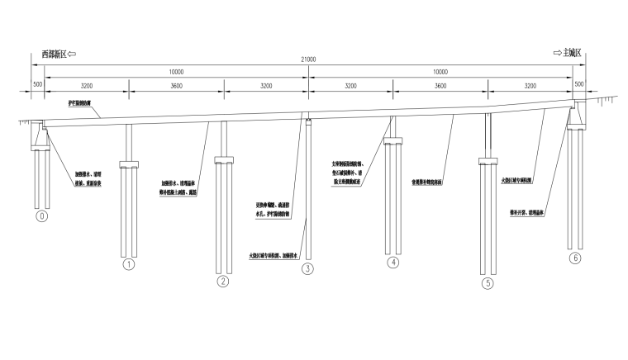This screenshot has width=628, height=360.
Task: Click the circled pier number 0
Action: tap(43, 217)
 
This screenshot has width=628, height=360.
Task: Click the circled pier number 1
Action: tap(128, 265)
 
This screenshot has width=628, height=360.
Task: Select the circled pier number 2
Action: tap(222, 282)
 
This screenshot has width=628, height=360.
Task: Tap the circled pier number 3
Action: tap(307, 268)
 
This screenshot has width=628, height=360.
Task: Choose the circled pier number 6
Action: tap(575, 258)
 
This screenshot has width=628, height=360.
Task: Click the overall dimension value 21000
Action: tap(307, 59)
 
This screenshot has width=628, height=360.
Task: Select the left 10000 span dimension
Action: tap(176, 73)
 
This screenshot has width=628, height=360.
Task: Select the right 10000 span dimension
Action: tap(440, 73)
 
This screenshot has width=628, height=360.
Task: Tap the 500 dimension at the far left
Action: tap(38, 85)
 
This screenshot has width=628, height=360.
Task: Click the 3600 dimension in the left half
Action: tap(176, 85)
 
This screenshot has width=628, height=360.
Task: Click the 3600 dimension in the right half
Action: tap(440, 85)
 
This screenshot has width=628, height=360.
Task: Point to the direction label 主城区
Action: tap(573, 54)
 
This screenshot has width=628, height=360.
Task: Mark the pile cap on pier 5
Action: tap(488, 162)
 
